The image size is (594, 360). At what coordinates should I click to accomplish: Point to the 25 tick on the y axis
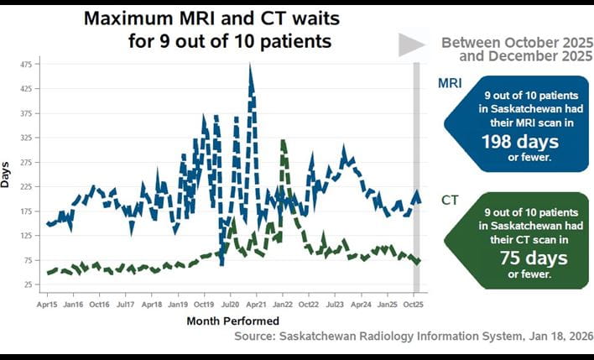(28, 285)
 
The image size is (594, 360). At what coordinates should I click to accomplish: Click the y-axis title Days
(8, 174)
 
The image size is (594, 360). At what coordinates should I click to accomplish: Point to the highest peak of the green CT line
(284, 141)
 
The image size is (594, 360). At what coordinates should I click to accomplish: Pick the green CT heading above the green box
(450, 200)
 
